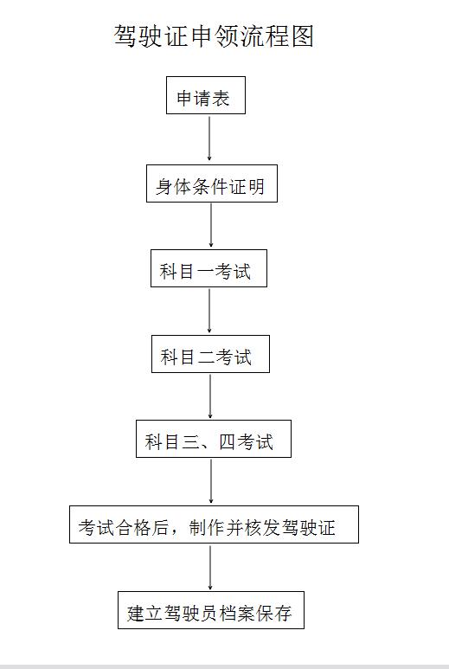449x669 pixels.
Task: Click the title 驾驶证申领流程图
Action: coord(214,35)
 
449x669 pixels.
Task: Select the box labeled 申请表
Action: coord(206,95)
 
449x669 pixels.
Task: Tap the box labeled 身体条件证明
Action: coord(211,183)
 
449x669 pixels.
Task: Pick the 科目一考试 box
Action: coord(208,268)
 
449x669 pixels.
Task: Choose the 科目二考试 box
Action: coord(210,354)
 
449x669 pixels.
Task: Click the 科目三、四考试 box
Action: coord(213,439)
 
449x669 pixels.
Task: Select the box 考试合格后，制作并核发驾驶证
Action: coord(214,524)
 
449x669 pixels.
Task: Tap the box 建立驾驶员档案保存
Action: coord(210,610)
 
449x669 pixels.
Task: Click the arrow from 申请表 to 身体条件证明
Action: coord(209,138)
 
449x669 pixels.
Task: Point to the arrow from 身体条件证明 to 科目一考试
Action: coord(210,225)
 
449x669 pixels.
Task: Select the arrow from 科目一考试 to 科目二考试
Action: coord(209,311)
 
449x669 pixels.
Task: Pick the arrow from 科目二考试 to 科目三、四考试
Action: coord(209,396)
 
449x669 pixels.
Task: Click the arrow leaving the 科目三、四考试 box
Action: coord(210,481)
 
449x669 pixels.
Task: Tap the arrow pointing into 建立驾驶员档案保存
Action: coord(209,568)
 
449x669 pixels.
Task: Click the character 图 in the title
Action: coord(303,35)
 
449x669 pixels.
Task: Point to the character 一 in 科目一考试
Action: coord(204,272)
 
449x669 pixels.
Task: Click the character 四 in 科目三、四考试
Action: coord(227,442)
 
